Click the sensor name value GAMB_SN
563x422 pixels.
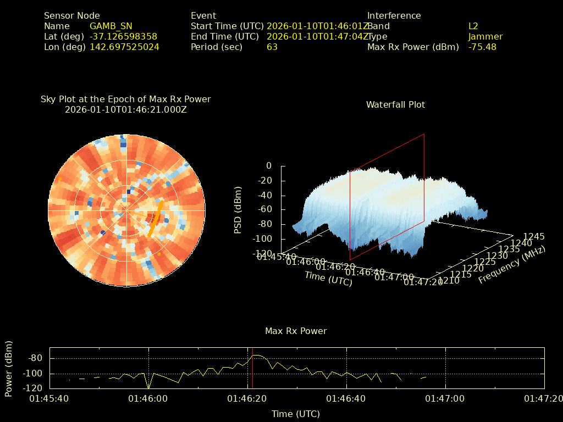click(x=111, y=26)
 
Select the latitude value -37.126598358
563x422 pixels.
click(x=123, y=37)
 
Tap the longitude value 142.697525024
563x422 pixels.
click(x=124, y=47)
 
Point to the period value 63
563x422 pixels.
click(x=272, y=47)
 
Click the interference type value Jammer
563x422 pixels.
click(x=485, y=37)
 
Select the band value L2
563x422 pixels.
click(x=473, y=26)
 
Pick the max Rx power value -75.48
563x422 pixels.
click(x=482, y=47)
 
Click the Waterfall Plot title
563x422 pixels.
click(x=395, y=104)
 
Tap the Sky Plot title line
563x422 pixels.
click(x=125, y=99)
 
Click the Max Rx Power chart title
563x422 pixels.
click(x=296, y=331)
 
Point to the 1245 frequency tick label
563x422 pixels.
click(x=534, y=237)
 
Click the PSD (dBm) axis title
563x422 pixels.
click(x=238, y=210)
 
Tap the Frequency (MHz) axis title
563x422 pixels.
click(x=511, y=265)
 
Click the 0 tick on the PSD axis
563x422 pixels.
click(x=268, y=166)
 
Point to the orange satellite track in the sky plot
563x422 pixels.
click(x=156, y=218)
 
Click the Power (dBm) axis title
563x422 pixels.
click(x=8, y=368)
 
